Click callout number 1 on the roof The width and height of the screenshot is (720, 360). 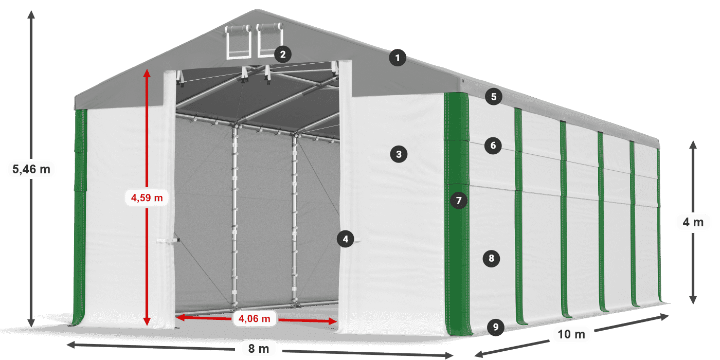[x=398, y=58]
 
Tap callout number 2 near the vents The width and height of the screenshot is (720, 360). [x=283, y=55]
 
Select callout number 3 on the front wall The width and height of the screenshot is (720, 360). [x=399, y=154]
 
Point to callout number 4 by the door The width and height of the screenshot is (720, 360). [x=346, y=239]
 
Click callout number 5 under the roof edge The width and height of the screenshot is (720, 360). [x=494, y=97]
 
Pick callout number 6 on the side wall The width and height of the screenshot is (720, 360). [x=493, y=146]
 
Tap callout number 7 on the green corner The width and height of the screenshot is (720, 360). [x=459, y=201]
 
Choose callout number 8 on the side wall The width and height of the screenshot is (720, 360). [x=491, y=258]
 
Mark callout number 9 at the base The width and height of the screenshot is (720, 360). [x=496, y=327]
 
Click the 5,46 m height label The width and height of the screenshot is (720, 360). [x=31, y=169]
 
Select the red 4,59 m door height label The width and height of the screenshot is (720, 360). [x=147, y=197]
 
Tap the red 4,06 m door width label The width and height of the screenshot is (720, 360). [x=254, y=318]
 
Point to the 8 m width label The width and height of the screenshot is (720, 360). [x=258, y=349]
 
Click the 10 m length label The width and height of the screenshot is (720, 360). [x=571, y=334]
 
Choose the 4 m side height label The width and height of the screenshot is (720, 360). [x=693, y=222]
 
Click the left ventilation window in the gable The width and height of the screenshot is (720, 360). [x=239, y=42]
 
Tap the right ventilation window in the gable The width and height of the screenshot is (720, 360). [x=269, y=40]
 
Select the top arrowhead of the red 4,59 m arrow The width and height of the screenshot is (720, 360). [x=147, y=73]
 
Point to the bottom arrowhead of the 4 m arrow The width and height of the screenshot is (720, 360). [x=693, y=300]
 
